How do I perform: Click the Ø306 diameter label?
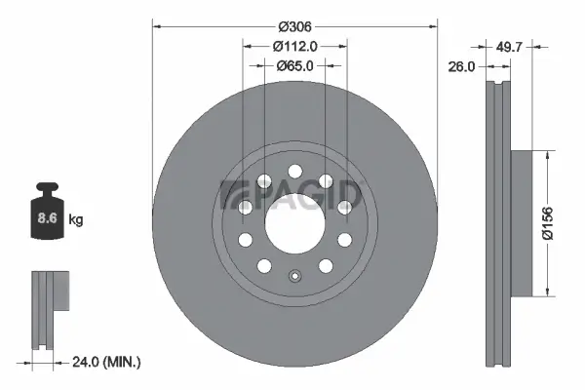pos(293,27)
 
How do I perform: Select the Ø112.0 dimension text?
pos(295,46)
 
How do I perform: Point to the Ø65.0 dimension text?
pos(295,65)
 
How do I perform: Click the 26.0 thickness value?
pos(462,67)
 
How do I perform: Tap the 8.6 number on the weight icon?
pos(46,219)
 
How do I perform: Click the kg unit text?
pos(76,220)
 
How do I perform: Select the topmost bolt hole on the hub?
pos(294,171)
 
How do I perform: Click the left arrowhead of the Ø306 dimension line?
pos(156,27)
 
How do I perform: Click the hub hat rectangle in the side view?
pos(521,223)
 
